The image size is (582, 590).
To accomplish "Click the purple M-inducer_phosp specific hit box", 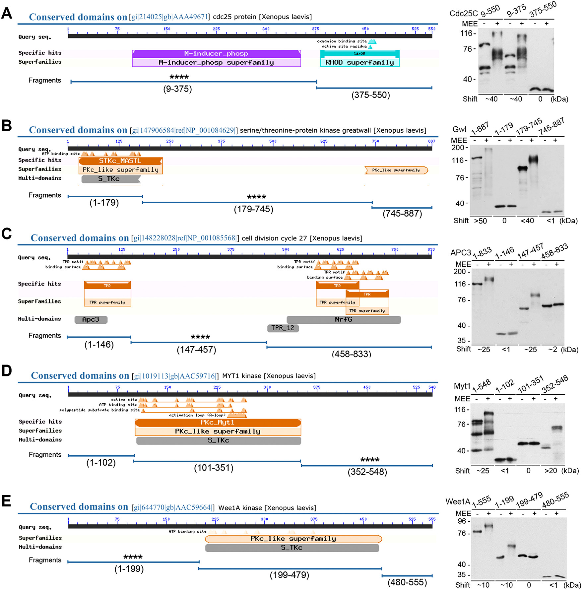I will coord(216,53).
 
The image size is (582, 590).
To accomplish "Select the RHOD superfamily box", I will coord(359,62).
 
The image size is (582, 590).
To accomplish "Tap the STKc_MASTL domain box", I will coord(120,161).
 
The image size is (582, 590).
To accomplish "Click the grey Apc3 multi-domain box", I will coord(91,319).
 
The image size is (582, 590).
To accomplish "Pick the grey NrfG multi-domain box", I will coord(344,319).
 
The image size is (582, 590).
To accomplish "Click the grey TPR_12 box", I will coord(283,328).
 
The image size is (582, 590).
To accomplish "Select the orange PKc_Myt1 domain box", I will coord(218,422).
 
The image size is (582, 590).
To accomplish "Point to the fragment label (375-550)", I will coord(370,95).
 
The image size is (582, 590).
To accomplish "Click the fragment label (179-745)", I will coord(254,209).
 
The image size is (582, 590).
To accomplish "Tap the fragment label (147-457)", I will coord(196,350).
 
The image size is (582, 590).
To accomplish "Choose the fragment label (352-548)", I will coord(367,472).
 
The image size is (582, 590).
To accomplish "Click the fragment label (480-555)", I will coord(407,582).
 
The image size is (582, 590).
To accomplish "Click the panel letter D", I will coord(7,371).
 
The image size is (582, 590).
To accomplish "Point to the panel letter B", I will coord(7,126).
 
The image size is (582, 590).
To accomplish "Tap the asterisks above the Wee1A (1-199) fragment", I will coord(133,557).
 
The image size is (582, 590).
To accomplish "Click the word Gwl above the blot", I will coord(459,129).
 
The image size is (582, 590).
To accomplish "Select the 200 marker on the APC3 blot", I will coord(460,272).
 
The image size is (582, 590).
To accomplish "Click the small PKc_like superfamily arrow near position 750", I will coord(396,170).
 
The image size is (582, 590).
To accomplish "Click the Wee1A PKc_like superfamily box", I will coord(293,539).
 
